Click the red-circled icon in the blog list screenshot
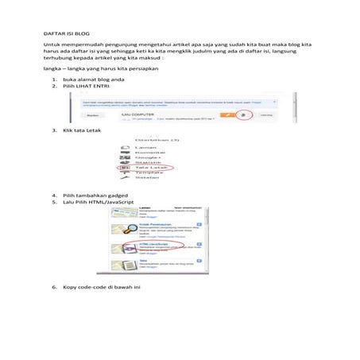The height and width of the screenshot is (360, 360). click(243, 115)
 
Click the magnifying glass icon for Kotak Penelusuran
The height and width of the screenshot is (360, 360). click(126, 228)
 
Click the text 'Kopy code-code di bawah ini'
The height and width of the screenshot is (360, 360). click(101, 286)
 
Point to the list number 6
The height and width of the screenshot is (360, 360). click(54, 286)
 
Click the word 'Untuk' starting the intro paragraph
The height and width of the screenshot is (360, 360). click(51, 47)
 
